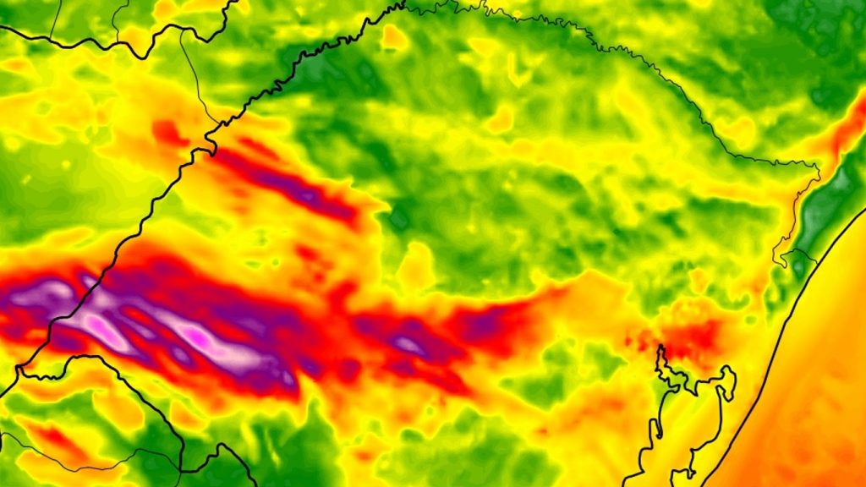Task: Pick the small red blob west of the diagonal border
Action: pyautogui.click(x=168, y=132)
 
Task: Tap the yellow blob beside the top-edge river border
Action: pyautogui.click(x=393, y=36)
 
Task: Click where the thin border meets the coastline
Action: pyautogui.click(x=814, y=261)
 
